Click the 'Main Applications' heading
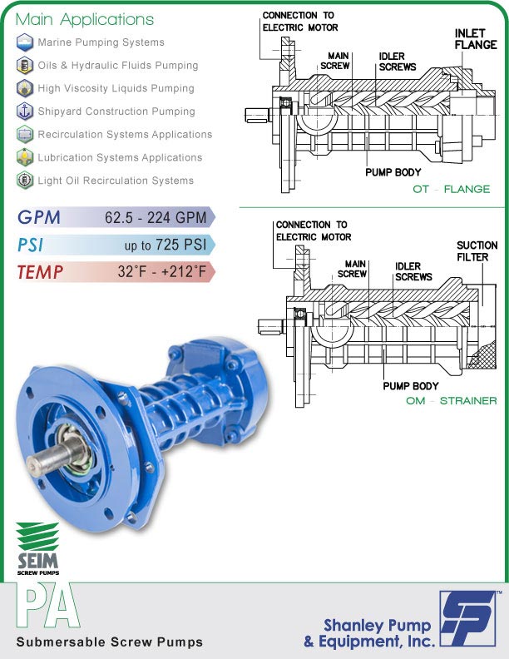tap(85, 19)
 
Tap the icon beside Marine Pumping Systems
tap(25, 42)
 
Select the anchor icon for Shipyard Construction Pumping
tap(25, 111)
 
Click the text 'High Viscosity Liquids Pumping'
tap(116, 88)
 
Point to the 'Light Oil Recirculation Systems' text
tap(116, 181)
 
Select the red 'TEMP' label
tap(40, 272)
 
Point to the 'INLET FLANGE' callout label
tap(475, 39)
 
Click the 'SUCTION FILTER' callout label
tap(477, 251)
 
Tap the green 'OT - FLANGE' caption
tap(452, 190)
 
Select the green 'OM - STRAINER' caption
tap(446, 401)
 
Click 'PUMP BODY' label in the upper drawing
tap(393, 172)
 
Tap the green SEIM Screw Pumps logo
tap(38, 549)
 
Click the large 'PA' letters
tap(47, 608)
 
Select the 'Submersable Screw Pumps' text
tap(109, 642)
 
